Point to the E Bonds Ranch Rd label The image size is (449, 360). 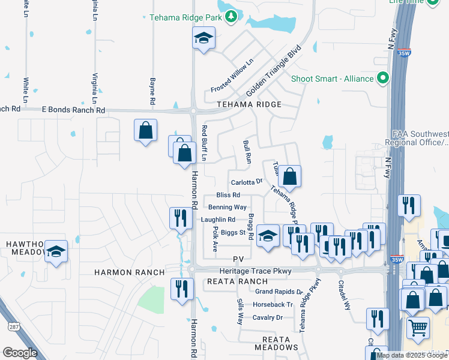pyautogui.click(x=73, y=110)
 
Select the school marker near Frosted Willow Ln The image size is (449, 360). pyautogui.click(x=204, y=40)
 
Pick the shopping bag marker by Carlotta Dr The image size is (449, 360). pyautogui.click(x=289, y=176)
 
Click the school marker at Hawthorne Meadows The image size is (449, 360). pyautogui.click(x=56, y=251)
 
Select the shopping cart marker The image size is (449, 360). pyautogui.click(x=418, y=328)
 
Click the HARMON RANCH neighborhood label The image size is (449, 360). pyautogui.click(x=129, y=272)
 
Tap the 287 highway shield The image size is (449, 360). pyautogui.click(x=14, y=326)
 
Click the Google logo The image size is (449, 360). pyautogui.click(x=20, y=353)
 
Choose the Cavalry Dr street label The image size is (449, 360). pyautogui.click(x=267, y=317)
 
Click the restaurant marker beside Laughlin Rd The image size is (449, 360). pyautogui.click(x=180, y=219)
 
